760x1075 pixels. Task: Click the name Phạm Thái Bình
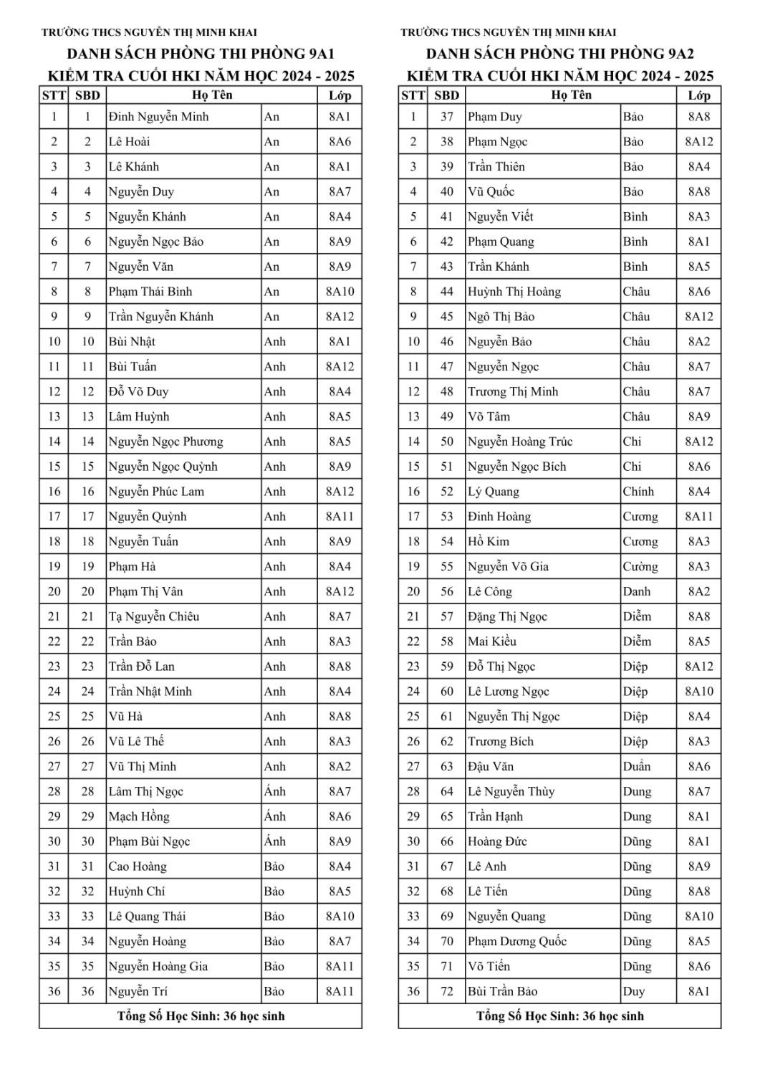(150, 292)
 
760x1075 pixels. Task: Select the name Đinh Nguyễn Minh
(158, 117)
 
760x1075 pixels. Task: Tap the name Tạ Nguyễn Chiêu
(154, 616)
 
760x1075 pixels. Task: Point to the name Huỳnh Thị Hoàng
(514, 292)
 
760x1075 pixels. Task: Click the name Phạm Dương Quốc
(517, 941)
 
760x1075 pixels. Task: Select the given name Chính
(638, 492)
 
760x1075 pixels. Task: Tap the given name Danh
(637, 591)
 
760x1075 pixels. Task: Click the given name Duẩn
(637, 766)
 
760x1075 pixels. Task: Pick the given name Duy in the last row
(634, 991)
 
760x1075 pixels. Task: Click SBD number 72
(447, 991)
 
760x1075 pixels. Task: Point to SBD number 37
(447, 117)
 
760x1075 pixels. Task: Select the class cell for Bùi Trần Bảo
(699, 991)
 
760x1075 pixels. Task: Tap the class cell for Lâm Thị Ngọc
(340, 791)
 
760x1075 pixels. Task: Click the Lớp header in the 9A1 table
(340, 95)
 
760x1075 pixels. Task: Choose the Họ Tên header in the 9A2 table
(572, 95)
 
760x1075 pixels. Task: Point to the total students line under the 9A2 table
(559, 1016)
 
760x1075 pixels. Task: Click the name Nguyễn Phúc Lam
(156, 492)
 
